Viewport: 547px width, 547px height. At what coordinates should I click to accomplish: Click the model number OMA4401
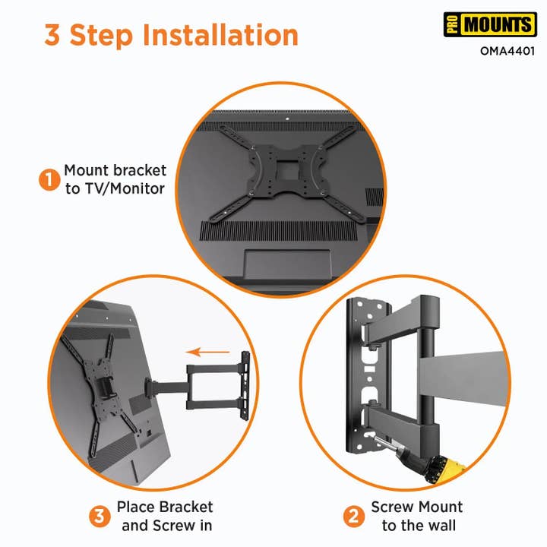[507, 52]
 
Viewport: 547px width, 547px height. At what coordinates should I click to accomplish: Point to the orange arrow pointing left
[208, 351]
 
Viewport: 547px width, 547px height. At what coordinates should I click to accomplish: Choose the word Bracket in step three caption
[185, 507]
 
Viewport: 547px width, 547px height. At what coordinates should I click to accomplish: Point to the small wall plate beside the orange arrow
[245, 385]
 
